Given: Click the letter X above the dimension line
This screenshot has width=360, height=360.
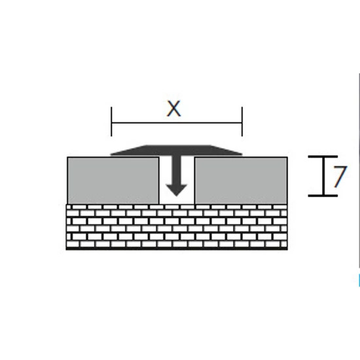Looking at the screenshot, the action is click(174, 109).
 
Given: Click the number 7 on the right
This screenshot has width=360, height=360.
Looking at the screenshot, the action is click(340, 176).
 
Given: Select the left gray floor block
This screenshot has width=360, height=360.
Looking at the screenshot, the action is click(113, 181).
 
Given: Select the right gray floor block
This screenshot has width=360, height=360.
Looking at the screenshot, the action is click(241, 181).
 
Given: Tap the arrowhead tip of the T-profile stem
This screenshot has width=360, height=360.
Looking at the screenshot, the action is click(176, 196).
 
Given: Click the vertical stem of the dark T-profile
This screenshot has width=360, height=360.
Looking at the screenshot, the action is click(176, 170).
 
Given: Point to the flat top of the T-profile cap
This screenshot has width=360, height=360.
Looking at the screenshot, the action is click(178, 146).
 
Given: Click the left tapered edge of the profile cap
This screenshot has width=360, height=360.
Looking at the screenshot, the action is click(128, 150).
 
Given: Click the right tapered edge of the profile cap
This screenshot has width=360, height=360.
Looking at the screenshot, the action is click(226, 150).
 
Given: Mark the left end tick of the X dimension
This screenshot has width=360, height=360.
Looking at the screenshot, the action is click(111, 122).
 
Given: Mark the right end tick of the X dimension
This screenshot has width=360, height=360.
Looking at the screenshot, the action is click(242, 122).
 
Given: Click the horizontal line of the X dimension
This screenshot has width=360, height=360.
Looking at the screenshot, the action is click(177, 123).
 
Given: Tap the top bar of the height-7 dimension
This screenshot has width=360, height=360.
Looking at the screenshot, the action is click(323, 156).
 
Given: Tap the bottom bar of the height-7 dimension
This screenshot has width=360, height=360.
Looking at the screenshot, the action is click(323, 196).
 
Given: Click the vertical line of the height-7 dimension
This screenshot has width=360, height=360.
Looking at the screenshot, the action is click(324, 176).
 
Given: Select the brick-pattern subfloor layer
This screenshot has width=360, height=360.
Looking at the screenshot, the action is click(177, 226).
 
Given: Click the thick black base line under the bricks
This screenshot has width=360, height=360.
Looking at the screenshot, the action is click(177, 249).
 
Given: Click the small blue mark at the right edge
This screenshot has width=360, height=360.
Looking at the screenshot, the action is click(359, 280).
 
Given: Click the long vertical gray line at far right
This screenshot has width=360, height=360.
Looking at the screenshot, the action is click(359, 171).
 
